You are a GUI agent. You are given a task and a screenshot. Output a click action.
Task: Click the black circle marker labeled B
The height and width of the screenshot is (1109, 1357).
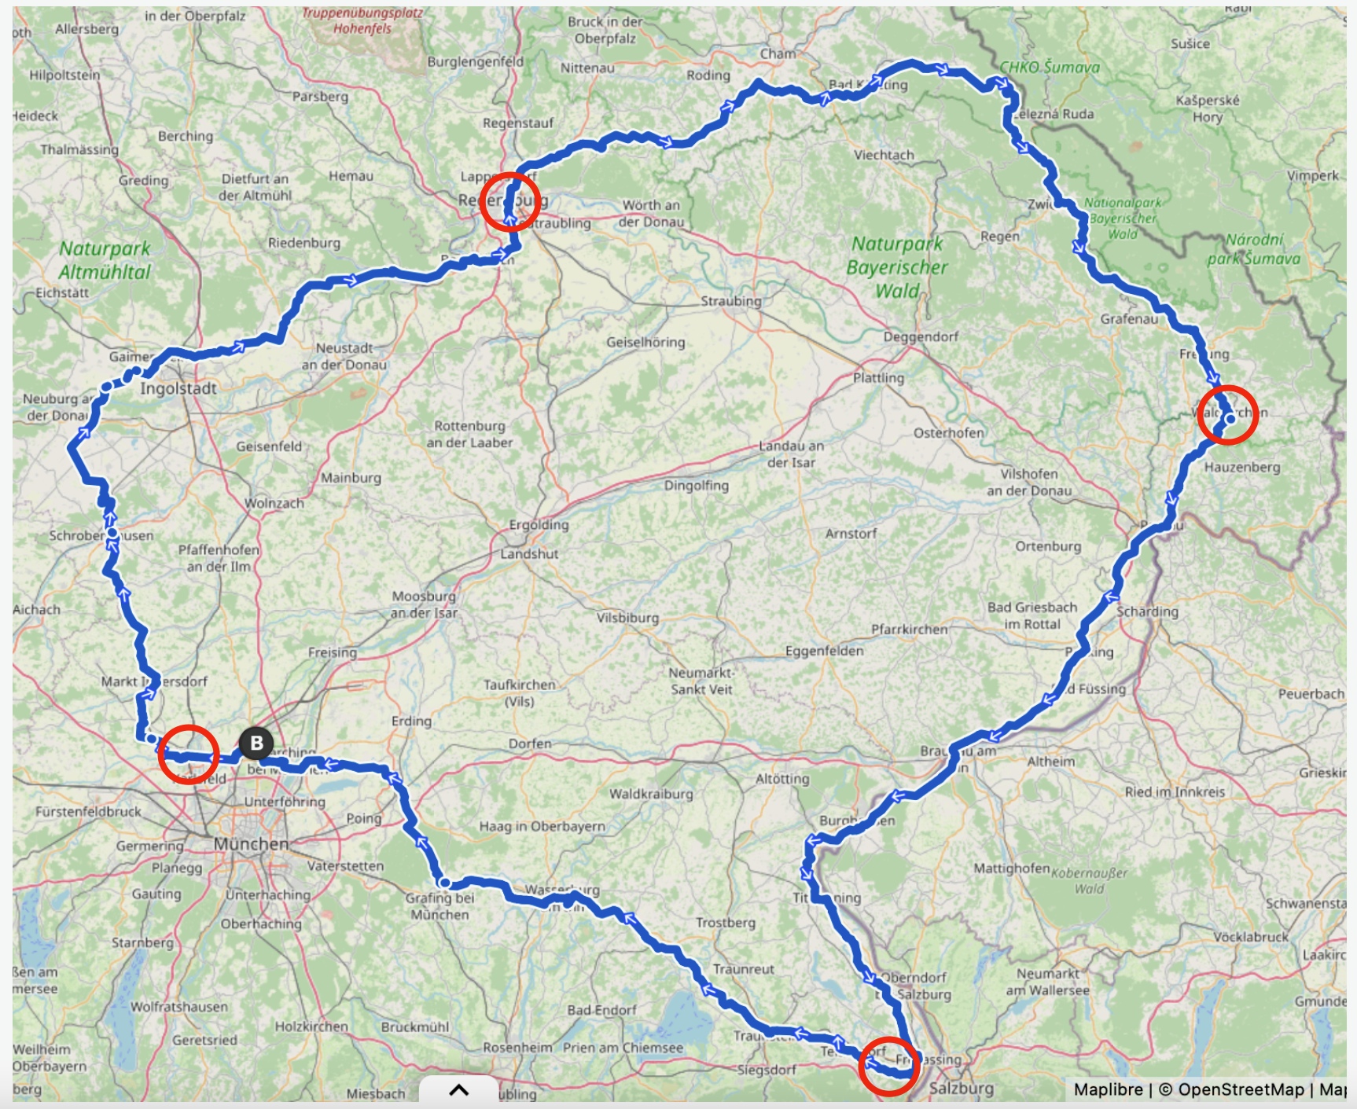click(x=256, y=743)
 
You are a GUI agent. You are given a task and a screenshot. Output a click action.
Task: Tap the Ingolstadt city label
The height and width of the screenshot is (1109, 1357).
click(x=178, y=388)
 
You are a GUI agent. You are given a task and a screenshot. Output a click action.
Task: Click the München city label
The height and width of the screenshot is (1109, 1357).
click(x=252, y=844)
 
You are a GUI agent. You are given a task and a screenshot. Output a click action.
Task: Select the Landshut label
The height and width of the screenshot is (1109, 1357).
click(x=529, y=554)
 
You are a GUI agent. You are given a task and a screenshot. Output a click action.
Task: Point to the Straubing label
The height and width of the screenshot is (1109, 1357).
click(x=731, y=301)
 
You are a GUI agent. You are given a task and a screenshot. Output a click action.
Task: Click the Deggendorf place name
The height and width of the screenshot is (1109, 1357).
click(x=921, y=336)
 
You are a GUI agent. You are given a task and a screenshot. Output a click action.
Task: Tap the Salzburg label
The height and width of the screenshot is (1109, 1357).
click(x=962, y=1089)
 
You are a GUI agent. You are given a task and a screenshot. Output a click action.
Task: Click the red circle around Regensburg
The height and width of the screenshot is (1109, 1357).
click(x=511, y=201)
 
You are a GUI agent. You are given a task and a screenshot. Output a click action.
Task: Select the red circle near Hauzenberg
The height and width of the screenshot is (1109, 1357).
click(x=1227, y=415)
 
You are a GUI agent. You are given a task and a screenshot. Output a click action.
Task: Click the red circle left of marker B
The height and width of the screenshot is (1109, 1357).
click(x=188, y=755)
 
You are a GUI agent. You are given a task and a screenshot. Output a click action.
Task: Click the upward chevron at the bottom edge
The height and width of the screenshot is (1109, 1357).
click(x=459, y=1089)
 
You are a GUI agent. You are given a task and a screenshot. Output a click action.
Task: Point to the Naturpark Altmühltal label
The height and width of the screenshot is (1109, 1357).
click(x=105, y=260)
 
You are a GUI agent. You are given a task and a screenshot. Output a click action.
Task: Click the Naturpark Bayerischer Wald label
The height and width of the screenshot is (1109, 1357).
click(x=897, y=267)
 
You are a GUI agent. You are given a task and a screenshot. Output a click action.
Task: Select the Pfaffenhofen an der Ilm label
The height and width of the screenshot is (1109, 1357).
click(x=219, y=558)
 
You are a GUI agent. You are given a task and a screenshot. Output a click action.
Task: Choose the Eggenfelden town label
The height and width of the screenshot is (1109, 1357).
click(x=824, y=651)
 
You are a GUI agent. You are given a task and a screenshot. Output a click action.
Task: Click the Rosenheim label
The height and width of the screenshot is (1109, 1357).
click(x=517, y=1048)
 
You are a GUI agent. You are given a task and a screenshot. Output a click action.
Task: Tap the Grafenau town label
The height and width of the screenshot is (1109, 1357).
click(x=1129, y=318)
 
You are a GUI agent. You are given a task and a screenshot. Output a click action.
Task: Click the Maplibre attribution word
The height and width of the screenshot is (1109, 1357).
click(x=1108, y=1089)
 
